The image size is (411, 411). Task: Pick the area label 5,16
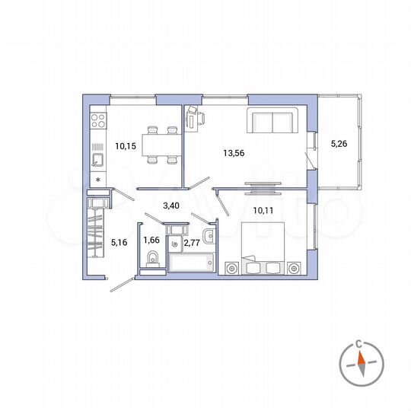[120, 244]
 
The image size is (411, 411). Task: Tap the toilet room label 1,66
[151, 243]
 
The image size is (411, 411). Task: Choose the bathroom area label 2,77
[193, 244]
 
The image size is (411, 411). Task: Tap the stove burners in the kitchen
[98, 119]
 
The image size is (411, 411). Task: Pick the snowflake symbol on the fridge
[98, 180]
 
